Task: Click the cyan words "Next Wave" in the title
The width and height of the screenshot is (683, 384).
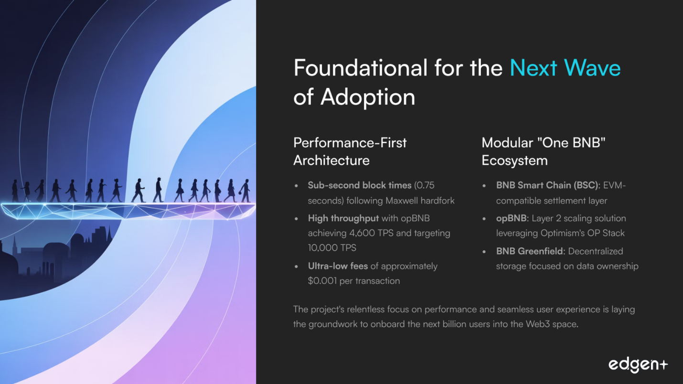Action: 565,67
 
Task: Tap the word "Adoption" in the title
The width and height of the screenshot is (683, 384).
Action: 368,97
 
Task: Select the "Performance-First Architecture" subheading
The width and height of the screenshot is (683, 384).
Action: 350,151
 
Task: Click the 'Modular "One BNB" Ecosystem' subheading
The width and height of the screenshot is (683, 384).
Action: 544,151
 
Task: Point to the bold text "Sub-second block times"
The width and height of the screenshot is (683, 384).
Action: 360,185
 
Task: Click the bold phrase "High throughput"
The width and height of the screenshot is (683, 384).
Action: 343,218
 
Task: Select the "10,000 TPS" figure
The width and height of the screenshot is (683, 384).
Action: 332,248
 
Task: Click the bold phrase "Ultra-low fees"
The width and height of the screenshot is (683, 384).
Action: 338,266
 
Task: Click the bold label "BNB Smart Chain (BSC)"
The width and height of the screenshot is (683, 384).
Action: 547,185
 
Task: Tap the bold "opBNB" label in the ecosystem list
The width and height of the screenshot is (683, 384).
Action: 512,218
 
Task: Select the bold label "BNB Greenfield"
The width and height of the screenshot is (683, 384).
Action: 530,251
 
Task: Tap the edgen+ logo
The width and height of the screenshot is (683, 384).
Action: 638,365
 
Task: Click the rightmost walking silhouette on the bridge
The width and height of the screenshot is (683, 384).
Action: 245,191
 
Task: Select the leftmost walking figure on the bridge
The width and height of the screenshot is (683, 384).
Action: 15,191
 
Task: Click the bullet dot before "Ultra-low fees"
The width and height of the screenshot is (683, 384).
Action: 297,266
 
